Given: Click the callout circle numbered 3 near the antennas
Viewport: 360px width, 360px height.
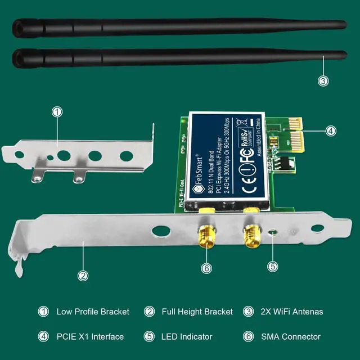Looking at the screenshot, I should pyautogui.click(x=322, y=80).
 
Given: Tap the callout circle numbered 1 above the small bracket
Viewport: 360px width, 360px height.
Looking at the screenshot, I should pyautogui.click(x=56, y=111).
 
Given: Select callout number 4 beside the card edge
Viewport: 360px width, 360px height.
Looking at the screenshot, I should pyautogui.click(x=331, y=130).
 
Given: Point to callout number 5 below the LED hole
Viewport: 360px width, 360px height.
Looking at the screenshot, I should pyautogui.click(x=273, y=266).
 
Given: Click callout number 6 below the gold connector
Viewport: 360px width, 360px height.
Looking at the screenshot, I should pyautogui.click(x=207, y=268).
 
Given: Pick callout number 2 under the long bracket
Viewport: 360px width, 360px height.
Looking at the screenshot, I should pyautogui.click(x=83, y=275).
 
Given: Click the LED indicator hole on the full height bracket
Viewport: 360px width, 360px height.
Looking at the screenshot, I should pyautogui.click(x=273, y=231).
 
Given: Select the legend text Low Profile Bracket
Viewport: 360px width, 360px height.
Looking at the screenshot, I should pyautogui.click(x=93, y=311).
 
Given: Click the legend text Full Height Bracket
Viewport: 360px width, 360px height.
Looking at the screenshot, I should pyautogui.click(x=197, y=311).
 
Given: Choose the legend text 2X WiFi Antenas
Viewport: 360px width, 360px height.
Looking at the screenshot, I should pyautogui.click(x=291, y=311).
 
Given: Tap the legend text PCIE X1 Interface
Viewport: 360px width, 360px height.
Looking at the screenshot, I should pyautogui.click(x=89, y=336).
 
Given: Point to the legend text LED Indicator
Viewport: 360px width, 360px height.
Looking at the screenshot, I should pyautogui.click(x=187, y=336).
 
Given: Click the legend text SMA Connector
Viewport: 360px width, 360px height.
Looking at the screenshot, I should pyautogui.click(x=290, y=336).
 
